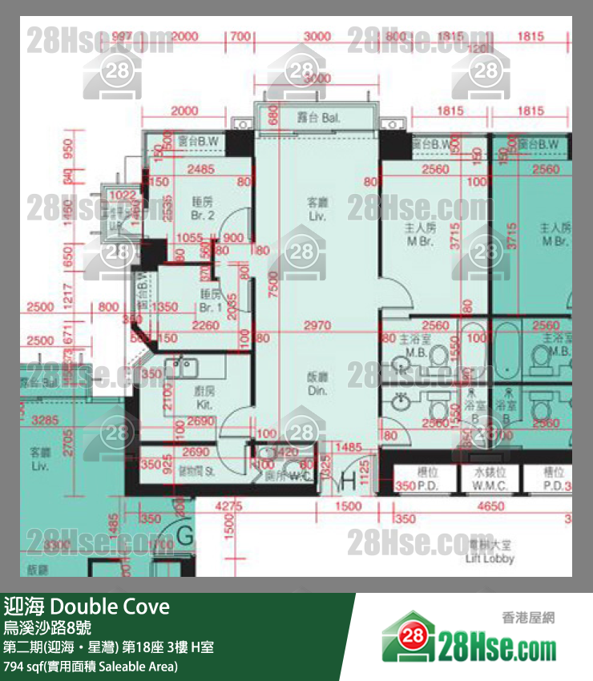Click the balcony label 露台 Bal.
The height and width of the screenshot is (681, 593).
point(317,119)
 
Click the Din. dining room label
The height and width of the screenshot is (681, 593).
point(317,382)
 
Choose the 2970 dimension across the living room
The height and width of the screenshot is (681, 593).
point(317,325)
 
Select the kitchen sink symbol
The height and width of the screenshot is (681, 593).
point(183,368)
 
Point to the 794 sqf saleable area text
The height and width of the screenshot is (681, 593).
point(91,666)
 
